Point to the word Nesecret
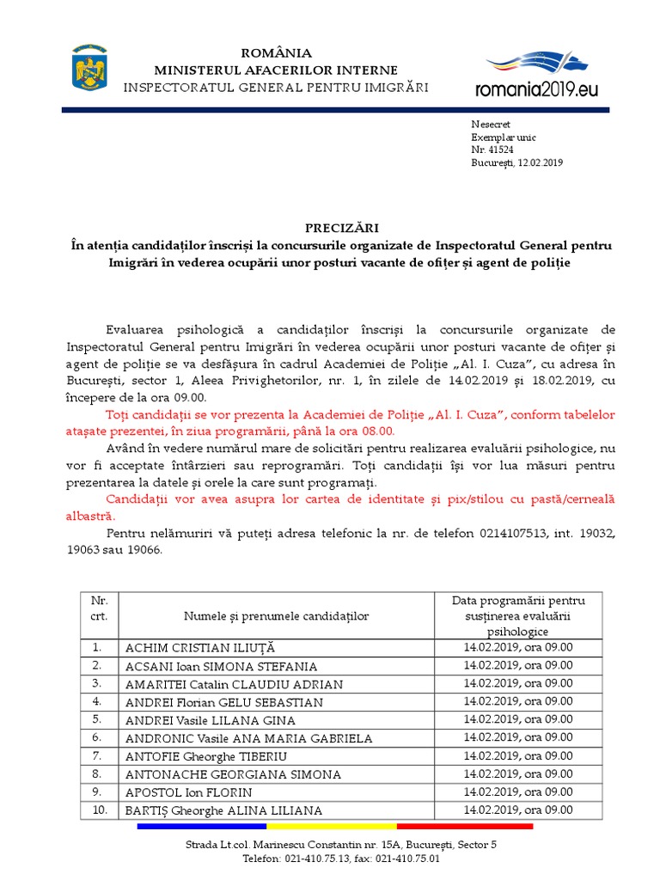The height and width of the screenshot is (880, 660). point(491,124)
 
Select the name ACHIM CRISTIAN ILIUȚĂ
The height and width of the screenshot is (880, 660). point(200,648)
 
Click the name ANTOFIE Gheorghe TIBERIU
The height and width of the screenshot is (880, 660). point(206,756)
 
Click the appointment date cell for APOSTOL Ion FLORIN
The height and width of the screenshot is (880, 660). point(517,791)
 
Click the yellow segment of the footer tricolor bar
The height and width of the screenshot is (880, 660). point(334,827)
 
